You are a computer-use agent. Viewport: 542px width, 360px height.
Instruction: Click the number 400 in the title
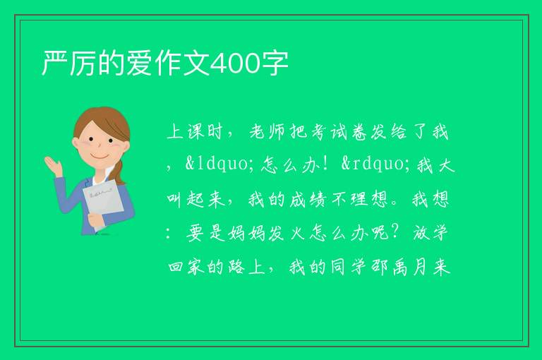click(235, 64)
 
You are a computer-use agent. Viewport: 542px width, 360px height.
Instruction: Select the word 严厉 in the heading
click(68, 64)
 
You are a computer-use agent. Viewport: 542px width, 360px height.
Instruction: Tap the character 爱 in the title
click(139, 64)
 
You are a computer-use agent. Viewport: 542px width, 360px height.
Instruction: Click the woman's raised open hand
click(53, 165)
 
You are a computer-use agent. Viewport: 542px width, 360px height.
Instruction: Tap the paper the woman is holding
click(102, 204)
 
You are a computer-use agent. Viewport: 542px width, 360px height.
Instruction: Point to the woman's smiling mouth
click(100, 157)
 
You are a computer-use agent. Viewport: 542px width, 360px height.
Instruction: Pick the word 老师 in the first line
click(267, 132)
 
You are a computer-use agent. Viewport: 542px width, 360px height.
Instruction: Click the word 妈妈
click(246, 233)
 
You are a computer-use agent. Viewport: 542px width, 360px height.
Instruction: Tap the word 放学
click(430, 233)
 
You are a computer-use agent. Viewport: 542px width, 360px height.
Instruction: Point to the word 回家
click(186, 267)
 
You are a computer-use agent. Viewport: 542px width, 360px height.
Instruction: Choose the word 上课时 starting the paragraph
click(194, 132)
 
